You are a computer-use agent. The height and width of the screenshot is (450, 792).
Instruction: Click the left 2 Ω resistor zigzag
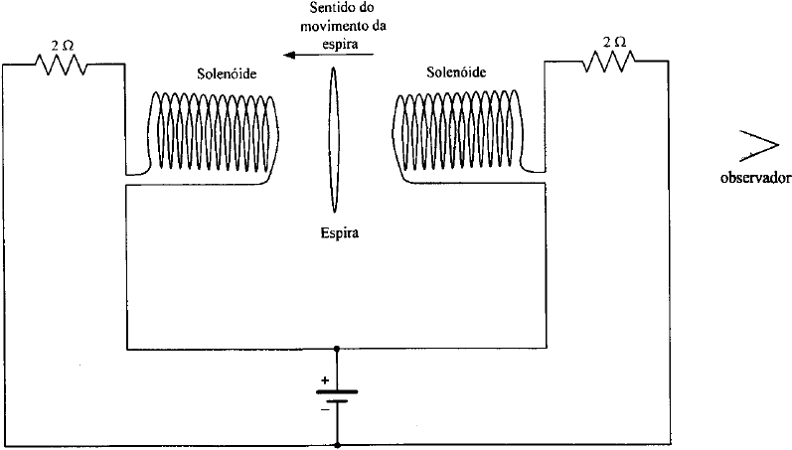[x=62, y=65]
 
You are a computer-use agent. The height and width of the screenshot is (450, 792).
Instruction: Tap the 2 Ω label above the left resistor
[x=62, y=44]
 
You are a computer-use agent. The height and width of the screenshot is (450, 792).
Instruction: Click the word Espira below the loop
[x=338, y=235]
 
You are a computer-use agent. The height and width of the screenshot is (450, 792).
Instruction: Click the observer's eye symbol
[x=757, y=145]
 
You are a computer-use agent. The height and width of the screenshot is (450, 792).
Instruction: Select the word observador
[x=755, y=180]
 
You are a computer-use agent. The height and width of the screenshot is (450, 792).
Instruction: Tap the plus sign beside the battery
[x=324, y=380]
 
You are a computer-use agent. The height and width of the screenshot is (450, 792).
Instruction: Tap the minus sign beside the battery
[x=324, y=408]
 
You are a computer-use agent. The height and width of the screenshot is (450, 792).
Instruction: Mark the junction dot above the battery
[x=338, y=349]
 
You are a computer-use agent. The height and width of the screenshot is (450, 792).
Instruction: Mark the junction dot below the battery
[x=338, y=442]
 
